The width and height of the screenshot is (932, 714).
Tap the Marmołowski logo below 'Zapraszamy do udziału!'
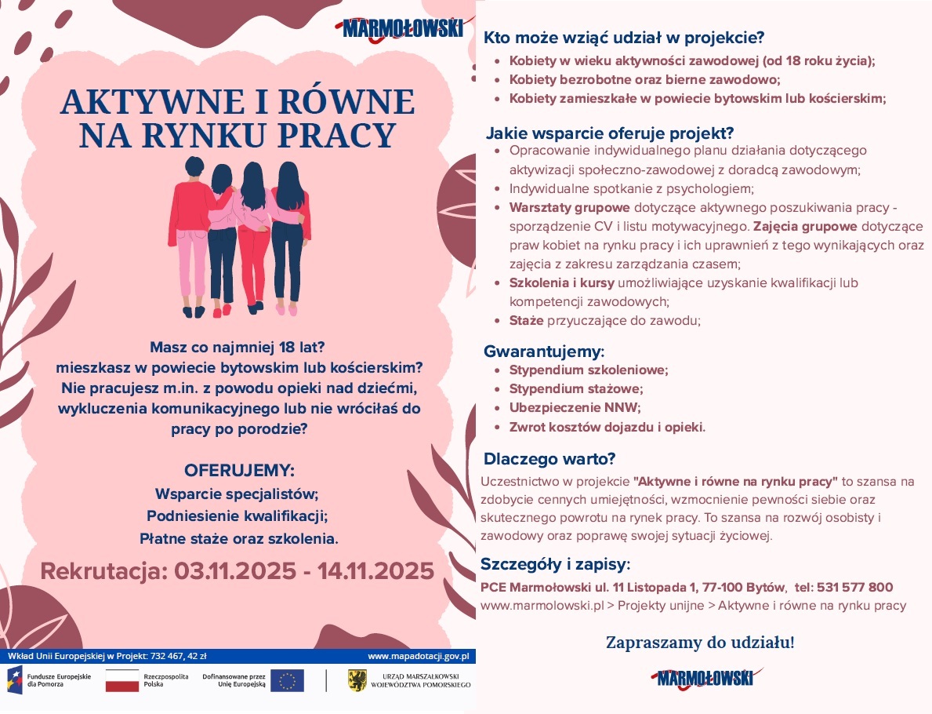[x=705, y=678]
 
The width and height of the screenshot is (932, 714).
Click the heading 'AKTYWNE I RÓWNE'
[x=237, y=103]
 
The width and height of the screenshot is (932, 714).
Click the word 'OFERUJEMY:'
[x=239, y=471]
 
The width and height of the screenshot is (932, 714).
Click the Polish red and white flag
[x=121, y=680]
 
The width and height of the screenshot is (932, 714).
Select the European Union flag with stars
[x=287, y=680]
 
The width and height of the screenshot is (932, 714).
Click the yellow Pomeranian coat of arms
[x=357, y=680]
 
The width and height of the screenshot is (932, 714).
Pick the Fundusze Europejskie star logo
[x=16, y=679]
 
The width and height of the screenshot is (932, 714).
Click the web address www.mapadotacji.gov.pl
[x=418, y=655]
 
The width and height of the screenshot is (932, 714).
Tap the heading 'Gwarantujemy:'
[x=544, y=351]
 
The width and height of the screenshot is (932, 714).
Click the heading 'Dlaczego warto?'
[x=549, y=458]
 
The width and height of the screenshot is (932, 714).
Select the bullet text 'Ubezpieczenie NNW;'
[x=575, y=408]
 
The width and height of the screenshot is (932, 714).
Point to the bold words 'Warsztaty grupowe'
[x=569, y=208]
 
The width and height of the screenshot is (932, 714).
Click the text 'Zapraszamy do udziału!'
[x=699, y=643]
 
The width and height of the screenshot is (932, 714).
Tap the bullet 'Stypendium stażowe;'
[x=575, y=388]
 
